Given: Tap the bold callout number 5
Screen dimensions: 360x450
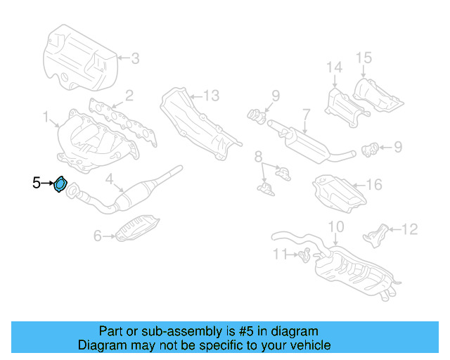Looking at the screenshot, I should [x=37, y=184].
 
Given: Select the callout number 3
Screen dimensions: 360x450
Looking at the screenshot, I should [x=135, y=58].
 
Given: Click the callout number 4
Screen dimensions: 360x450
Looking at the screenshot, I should [x=109, y=180].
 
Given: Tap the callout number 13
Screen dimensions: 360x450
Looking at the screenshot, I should [x=212, y=95].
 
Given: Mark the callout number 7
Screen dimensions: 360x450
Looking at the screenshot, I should [x=306, y=112].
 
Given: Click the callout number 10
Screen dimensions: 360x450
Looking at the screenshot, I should [x=336, y=226].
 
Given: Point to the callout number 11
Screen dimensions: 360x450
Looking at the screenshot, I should [x=281, y=253].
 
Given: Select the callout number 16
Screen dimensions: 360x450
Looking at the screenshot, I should [x=374, y=185].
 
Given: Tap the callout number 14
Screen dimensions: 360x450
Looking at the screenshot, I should [x=333, y=67].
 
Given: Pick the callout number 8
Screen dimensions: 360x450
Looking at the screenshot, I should [x=258, y=155].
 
